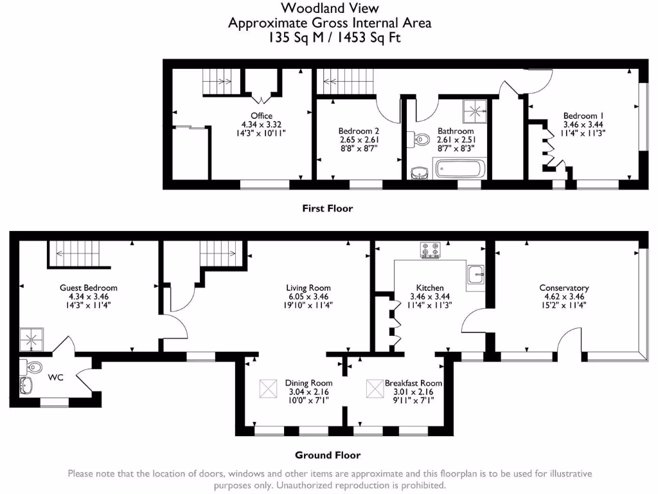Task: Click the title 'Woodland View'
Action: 330,8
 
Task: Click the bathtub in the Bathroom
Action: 460,169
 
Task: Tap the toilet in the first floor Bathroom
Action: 421,139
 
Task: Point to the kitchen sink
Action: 476,273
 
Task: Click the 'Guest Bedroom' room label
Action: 89,288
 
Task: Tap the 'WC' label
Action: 56,378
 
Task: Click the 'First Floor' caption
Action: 327,208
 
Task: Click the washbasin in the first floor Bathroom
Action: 419,172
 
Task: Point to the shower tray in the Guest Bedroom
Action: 31,337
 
